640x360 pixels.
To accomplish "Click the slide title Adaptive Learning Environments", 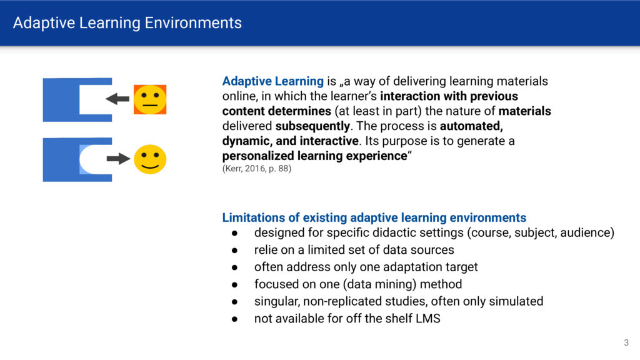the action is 127,23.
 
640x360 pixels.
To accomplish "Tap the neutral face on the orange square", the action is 150,99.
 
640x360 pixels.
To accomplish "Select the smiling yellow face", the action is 150,159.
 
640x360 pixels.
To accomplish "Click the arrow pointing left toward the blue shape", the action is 117,99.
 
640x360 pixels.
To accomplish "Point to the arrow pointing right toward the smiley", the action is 118,158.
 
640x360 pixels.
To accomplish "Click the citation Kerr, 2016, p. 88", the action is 257,169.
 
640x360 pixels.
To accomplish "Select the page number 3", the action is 626,343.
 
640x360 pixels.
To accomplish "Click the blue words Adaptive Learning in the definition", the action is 272,81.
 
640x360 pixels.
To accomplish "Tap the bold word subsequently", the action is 312,126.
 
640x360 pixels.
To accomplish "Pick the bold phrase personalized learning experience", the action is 315,156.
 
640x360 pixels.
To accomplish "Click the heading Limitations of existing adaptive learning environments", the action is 374,217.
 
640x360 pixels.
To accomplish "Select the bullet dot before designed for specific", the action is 235,234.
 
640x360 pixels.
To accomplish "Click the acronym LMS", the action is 428,318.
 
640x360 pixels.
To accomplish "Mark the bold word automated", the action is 471,126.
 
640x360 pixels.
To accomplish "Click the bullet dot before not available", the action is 235,319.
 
